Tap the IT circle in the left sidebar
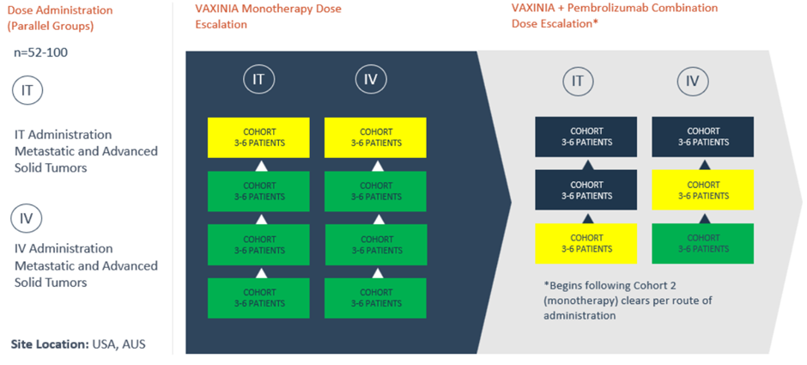[27, 91]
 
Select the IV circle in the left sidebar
[27, 218]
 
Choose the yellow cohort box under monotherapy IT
[258, 137]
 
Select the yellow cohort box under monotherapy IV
[375, 137]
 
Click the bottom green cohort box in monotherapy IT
[258, 298]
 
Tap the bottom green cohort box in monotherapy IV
[375, 298]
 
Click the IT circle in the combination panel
[578, 81]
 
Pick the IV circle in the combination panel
[693, 81]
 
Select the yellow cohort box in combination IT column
[586, 244]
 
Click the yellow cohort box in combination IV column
[703, 190]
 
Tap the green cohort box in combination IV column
[703, 244]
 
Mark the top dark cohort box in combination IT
[586, 137]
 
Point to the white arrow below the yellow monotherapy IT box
[262, 166]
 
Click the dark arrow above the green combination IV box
[705, 218]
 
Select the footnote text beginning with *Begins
[628, 300]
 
